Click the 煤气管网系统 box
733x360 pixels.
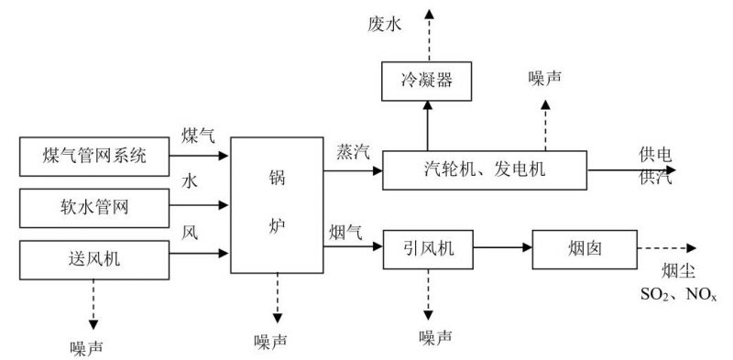(94, 156)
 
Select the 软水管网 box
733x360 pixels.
(94, 207)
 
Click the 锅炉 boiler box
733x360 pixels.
(278, 205)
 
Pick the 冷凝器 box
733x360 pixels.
(427, 82)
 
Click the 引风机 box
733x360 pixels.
(427, 247)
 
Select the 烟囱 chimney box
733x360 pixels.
(585, 247)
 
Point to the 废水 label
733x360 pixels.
(385, 25)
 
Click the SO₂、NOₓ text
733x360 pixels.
(678, 294)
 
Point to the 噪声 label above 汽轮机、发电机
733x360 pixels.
(545, 79)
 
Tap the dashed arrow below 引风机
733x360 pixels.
(427, 293)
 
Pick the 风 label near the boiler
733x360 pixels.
(190, 231)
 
